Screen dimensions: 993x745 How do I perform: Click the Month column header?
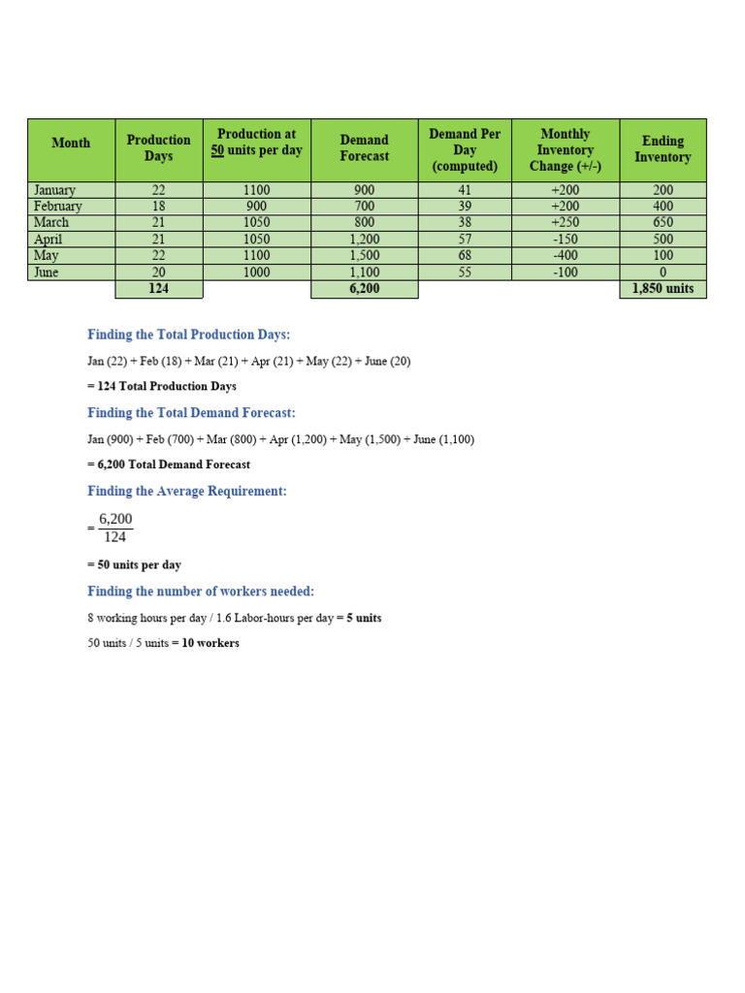(x=71, y=144)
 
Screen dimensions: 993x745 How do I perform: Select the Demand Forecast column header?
(x=364, y=148)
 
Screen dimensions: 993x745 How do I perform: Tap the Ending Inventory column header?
(x=663, y=149)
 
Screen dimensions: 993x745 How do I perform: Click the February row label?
(x=58, y=207)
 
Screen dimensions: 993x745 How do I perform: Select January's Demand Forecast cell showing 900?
(x=364, y=191)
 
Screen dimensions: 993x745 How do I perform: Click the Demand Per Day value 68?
(x=465, y=256)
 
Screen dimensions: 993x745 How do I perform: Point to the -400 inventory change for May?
(x=565, y=256)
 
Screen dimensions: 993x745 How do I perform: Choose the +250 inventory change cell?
(x=565, y=223)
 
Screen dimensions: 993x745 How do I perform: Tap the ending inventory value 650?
(x=663, y=223)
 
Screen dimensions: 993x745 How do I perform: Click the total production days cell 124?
(x=158, y=289)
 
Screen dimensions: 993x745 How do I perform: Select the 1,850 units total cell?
(x=663, y=289)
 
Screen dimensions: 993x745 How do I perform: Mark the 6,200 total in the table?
(x=364, y=289)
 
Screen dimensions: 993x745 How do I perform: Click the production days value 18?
(x=158, y=207)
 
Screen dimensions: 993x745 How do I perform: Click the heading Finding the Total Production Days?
(x=189, y=335)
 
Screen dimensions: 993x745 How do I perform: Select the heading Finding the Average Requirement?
(x=187, y=492)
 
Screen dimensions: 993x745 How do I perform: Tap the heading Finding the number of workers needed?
(x=201, y=592)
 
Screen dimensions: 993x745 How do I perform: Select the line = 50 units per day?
(x=134, y=564)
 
